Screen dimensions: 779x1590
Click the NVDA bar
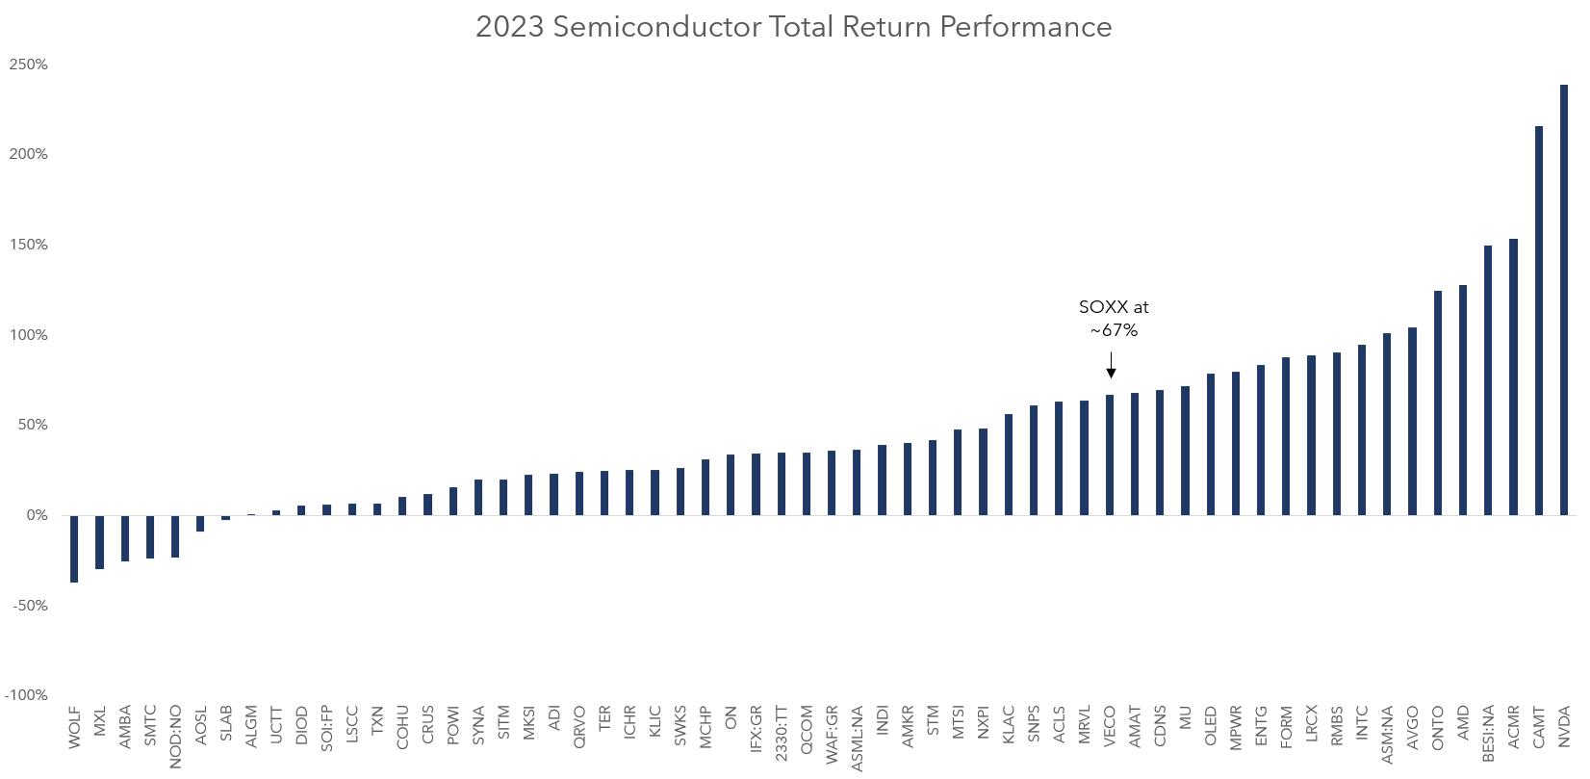[1564, 299]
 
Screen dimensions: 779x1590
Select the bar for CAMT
[1538, 321]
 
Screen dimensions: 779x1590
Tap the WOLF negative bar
[74, 549]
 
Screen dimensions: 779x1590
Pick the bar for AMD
[1463, 400]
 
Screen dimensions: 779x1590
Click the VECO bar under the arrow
[1110, 454]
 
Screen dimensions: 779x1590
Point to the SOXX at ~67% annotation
[1114, 318]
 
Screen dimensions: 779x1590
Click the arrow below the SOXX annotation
[1111, 366]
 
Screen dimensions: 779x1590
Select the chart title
[793, 27]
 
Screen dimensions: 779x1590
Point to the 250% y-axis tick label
[29, 65]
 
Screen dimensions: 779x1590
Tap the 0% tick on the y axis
[37, 515]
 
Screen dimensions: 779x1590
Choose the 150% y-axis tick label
[29, 245]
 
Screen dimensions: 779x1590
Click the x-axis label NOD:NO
[175, 737]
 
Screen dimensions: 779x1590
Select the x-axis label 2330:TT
[782, 734]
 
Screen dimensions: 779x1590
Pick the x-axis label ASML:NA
[857, 739]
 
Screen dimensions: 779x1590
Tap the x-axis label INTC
[1362, 724]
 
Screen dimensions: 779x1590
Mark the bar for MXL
[99, 542]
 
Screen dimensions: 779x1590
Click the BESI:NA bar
[1488, 380]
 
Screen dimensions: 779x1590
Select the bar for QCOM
[807, 483]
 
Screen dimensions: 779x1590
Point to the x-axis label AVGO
[1412, 727]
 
